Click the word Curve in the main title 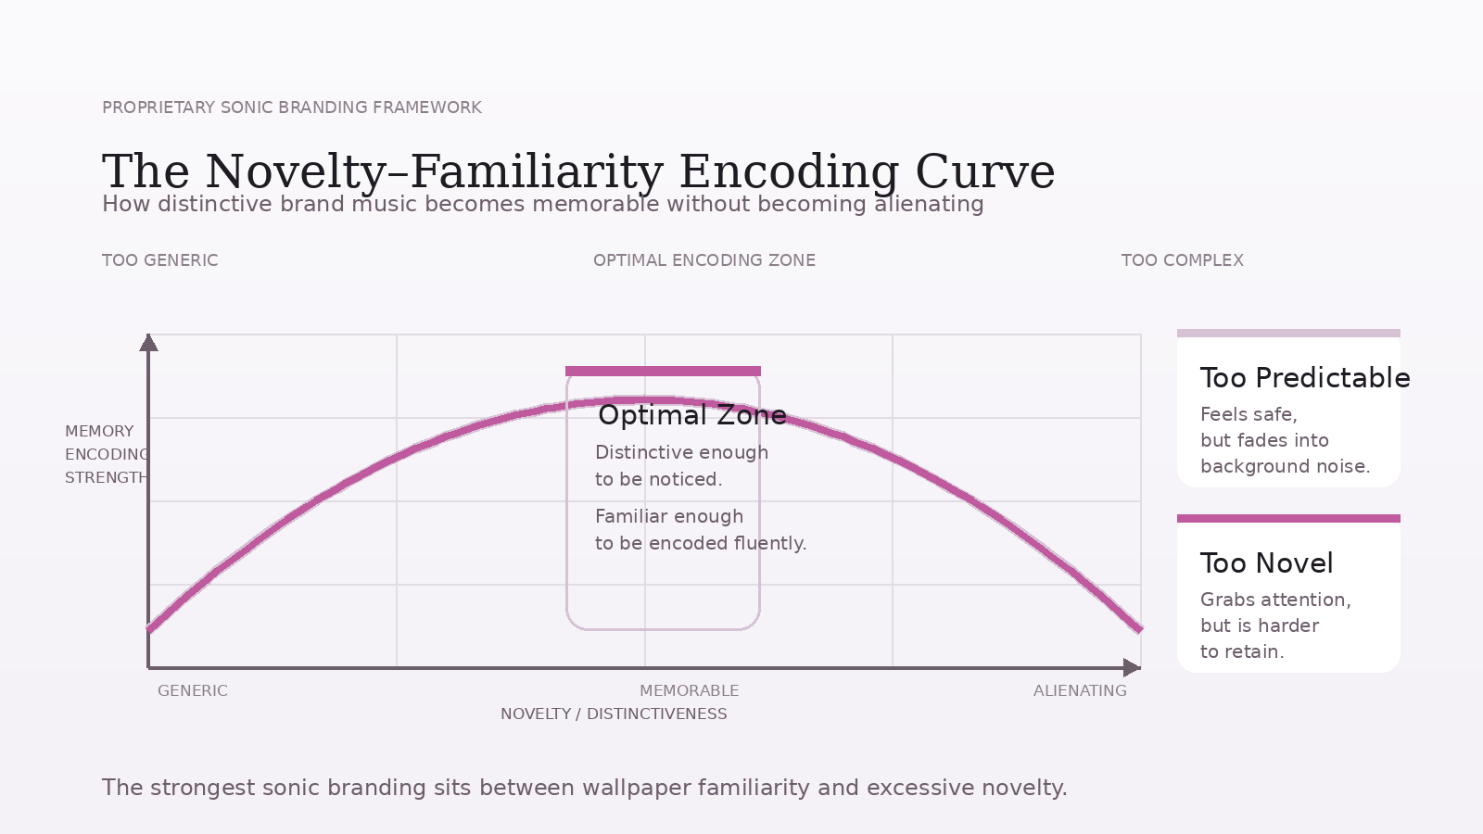click(984, 172)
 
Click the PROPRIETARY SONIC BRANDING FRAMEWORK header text click(292, 107)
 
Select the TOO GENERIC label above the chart click(160, 260)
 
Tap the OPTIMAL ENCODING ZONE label click(704, 260)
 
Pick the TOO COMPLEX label click(1182, 260)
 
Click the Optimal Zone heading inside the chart click(691, 415)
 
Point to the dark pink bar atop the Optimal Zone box click(663, 371)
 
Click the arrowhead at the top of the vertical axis click(148, 343)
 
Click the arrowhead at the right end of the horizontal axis click(1132, 667)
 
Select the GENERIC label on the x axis click(193, 690)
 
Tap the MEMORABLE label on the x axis click(689, 690)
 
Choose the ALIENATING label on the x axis click(1080, 690)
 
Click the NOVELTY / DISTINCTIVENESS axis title click(614, 714)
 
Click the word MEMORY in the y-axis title click(99, 431)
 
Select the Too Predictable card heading click(1304, 378)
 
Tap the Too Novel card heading click(1266, 563)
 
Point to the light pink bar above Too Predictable click(1288, 333)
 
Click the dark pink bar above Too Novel click(1288, 518)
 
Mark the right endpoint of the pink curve click(1139, 629)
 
